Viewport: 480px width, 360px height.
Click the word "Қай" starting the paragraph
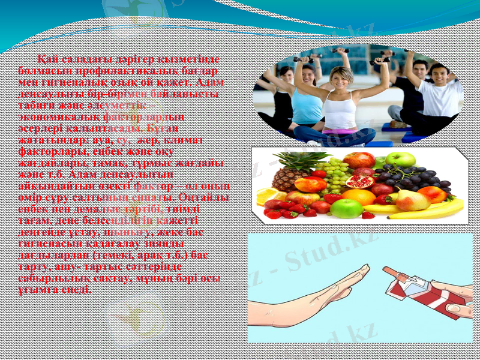[x=48, y=59]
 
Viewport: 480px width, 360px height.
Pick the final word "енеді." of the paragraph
[x=77, y=289]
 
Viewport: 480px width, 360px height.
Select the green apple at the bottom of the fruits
[x=346, y=208]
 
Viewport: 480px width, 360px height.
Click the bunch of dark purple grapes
[x=414, y=178]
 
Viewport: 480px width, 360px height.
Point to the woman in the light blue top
[x=307, y=96]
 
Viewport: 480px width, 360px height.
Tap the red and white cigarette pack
[x=414, y=294]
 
